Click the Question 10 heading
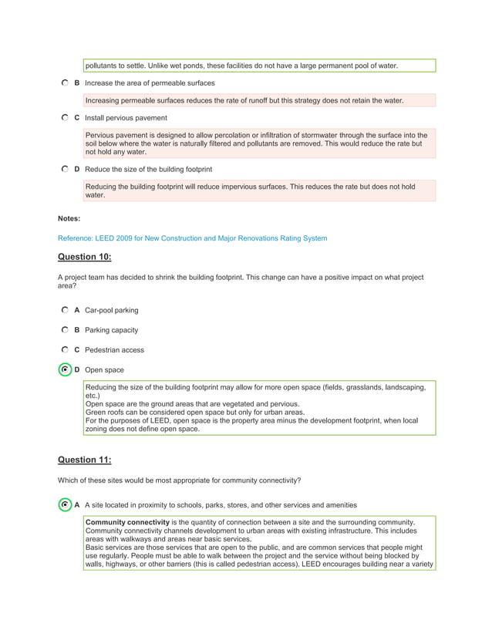tap(85, 257)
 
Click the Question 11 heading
tap(85, 460)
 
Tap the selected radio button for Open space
tap(65, 370)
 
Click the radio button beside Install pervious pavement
tap(64, 118)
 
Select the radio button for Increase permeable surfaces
tap(64, 83)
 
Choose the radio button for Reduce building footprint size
tap(64, 169)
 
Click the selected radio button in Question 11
tap(65, 505)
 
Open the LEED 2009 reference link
tap(192, 238)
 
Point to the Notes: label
tap(69, 219)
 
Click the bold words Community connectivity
tap(127, 523)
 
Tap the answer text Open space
tap(104, 370)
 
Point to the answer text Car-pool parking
tap(111, 311)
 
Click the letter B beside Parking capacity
tap(77, 330)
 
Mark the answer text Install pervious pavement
tap(126, 118)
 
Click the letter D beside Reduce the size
tap(77, 169)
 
